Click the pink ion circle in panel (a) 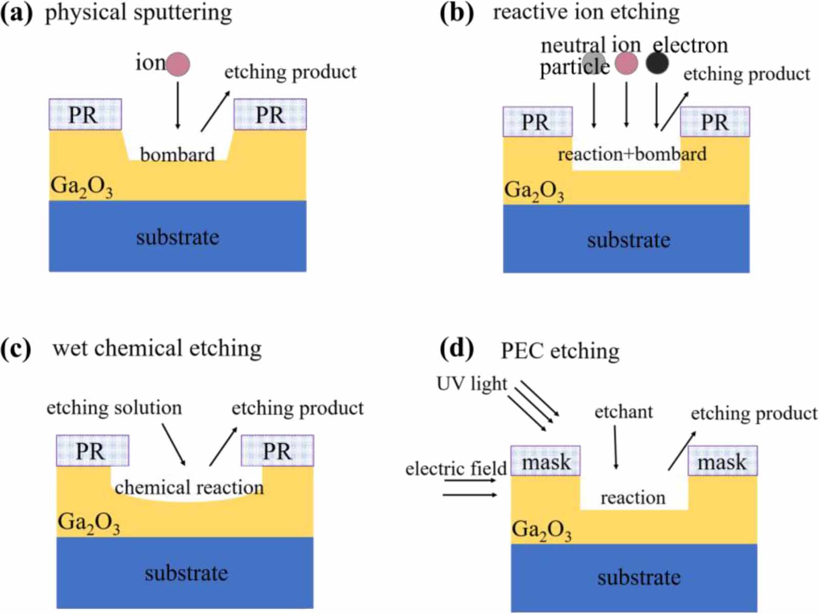pyautogui.click(x=178, y=64)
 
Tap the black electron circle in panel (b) pyautogui.click(x=657, y=63)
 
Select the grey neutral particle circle pyautogui.click(x=594, y=63)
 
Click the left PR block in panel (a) pyautogui.click(x=85, y=115)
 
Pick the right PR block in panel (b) pyautogui.click(x=715, y=122)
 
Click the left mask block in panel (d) pyautogui.click(x=546, y=461)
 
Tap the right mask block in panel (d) pyautogui.click(x=722, y=461)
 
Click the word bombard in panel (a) pyautogui.click(x=177, y=154)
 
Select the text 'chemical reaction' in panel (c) pyautogui.click(x=189, y=487)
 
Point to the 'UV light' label pyautogui.click(x=471, y=383)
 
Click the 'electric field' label pyautogui.click(x=456, y=468)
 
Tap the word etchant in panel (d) pyautogui.click(x=623, y=412)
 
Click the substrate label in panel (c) pyautogui.click(x=186, y=573)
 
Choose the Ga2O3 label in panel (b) pyautogui.click(x=534, y=191)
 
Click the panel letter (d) pyautogui.click(x=457, y=349)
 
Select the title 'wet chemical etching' pyautogui.click(x=157, y=348)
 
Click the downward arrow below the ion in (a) pyautogui.click(x=178, y=105)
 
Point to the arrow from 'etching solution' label pyautogui.click(x=174, y=444)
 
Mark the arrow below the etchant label pyautogui.click(x=615, y=447)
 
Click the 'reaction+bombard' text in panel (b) pyautogui.click(x=632, y=154)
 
